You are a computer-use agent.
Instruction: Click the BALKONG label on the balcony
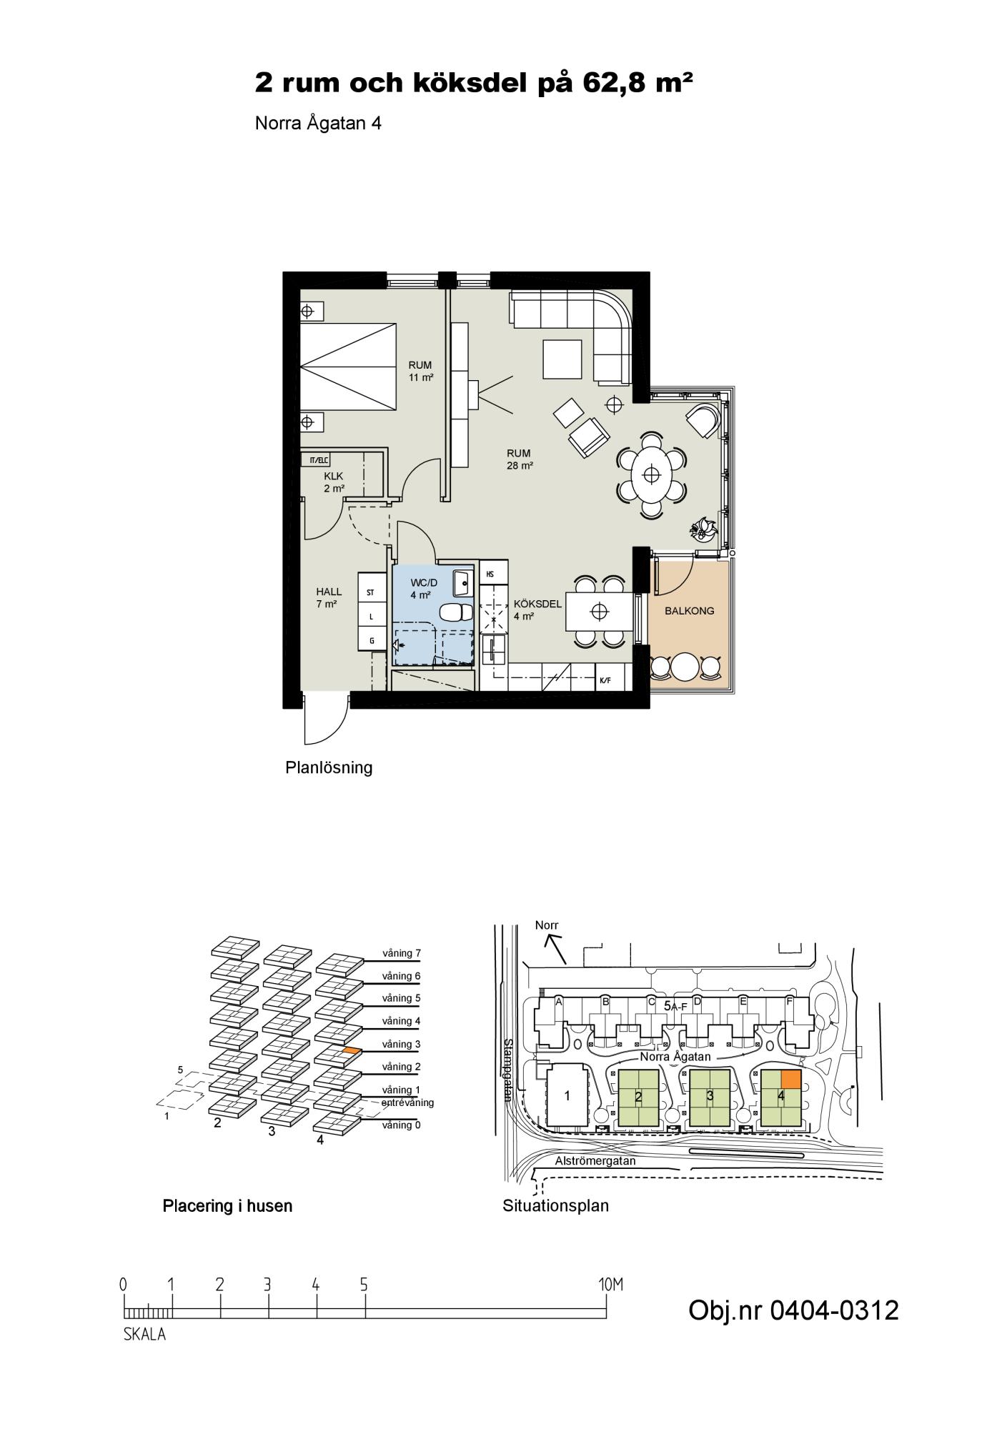click(689, 611)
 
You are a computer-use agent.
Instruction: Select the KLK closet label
click(334, 476)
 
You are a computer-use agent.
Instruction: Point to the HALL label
click(329, 592)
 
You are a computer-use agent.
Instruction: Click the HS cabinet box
click(494, 573)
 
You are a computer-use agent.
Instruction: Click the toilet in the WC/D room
click(455, 613)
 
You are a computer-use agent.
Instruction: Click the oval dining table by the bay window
click(651, 474)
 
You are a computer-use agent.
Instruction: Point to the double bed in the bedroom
click(348, 367)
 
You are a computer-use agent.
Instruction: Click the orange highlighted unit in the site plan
click(790, 1079)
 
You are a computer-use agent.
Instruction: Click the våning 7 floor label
click(401, 953)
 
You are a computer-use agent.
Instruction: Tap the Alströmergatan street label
click(595, 1161)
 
